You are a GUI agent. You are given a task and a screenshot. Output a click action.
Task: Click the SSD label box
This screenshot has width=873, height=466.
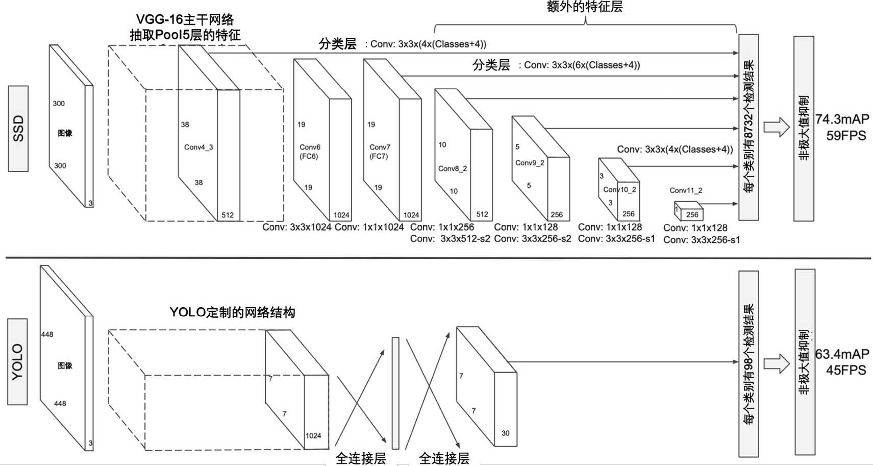coord(18,129)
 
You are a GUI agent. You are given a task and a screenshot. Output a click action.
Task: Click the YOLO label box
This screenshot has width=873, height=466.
coord(17,362)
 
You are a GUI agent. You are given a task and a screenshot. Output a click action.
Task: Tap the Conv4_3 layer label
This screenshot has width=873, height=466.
coord(198,147)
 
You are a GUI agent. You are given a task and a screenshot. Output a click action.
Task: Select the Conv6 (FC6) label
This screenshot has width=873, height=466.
coord(309,152)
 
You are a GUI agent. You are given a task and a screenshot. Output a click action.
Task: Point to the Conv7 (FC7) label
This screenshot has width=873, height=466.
coord(379,152)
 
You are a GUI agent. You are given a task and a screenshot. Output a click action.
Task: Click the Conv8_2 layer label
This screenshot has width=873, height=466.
coord(452,168)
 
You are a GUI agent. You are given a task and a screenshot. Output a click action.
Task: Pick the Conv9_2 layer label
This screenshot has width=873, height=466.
coord(530,163)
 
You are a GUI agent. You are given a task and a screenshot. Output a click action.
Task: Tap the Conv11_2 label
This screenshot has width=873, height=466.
coord(686,190)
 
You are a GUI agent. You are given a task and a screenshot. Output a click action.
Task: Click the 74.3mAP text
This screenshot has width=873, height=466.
coord(842,119)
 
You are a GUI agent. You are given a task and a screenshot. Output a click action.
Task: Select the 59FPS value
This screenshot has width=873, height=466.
coord(846,136)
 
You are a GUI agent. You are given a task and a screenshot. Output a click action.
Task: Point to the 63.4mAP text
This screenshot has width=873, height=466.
coord(842,354)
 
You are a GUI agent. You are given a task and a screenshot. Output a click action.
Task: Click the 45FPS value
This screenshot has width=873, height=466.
coord(846,370)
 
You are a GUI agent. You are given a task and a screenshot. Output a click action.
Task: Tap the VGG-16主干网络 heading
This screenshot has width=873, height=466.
coord(185,19)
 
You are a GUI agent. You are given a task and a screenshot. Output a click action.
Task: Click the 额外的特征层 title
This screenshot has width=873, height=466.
coord(585,7)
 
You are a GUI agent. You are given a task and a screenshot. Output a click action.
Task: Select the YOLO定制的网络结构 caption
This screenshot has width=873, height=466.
coord(232,312)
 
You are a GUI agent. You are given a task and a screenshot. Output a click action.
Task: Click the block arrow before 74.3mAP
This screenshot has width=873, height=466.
coord(777,127)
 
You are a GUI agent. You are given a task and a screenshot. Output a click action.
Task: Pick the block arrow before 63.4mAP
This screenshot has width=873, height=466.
coord(777,363)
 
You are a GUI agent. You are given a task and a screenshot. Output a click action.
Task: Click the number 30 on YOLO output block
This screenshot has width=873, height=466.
coord(505,433)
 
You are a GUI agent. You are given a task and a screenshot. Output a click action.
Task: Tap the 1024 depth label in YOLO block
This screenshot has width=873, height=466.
coord(313,435)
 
